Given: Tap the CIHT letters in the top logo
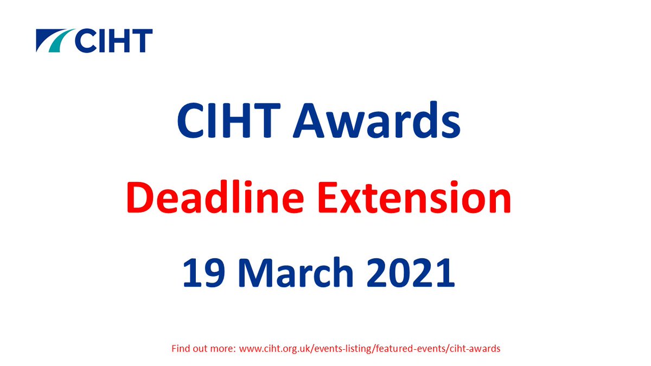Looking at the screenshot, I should point(114,40).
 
